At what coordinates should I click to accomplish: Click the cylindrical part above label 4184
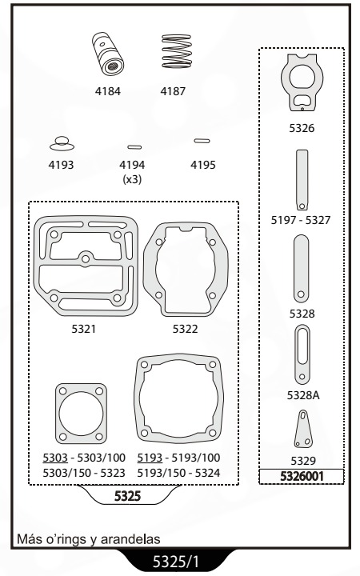[x=108, y=54]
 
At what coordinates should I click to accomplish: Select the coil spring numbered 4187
[x=177, y=51]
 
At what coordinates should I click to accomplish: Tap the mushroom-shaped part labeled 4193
[x=62, y=144]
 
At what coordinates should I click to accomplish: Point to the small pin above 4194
[x=134, y=147]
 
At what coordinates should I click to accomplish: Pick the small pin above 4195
[x=202, y=141]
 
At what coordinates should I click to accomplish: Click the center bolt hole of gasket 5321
[x=86, y=259]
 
